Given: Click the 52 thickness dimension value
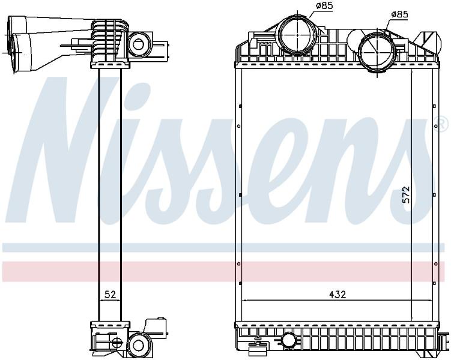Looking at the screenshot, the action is pos(109,295).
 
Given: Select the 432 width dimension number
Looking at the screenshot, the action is pos(337,294).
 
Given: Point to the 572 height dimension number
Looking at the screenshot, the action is pos(406,196).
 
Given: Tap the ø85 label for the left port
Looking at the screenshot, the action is pos(324,5).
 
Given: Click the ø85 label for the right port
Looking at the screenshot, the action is pos(400,14).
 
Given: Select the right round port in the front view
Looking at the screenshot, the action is pos(377,52).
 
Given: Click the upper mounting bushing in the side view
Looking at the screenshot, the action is pos(139,44).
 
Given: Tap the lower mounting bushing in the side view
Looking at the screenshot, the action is pos(138,345).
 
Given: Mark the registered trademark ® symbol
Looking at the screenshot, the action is pos(442,124).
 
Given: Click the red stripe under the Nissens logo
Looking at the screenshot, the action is pos(223,271).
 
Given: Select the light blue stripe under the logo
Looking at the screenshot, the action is pos(223,247).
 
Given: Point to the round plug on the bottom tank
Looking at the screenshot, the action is pos(288,340).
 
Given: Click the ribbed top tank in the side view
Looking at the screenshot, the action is pos(109,44).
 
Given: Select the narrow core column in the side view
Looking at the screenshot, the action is pos(110,195).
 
